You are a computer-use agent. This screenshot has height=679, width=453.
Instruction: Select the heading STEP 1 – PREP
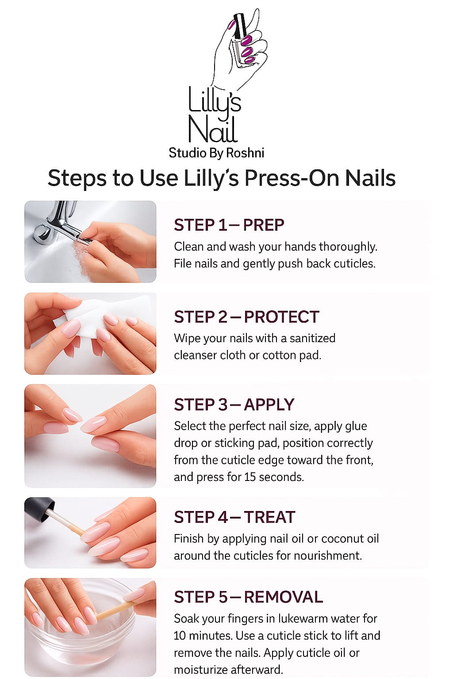[229, 225]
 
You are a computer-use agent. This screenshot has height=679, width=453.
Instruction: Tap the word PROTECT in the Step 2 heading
[281, 317]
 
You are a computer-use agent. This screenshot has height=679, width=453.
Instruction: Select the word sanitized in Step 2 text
[312, 338]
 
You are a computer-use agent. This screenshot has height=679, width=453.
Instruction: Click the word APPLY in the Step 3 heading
[269, 404]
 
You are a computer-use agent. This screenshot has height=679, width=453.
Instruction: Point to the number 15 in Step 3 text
[250, 477]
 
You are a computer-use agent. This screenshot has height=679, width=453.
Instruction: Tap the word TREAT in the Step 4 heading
[269, 517]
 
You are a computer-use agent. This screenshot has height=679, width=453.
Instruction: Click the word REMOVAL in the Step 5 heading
[284, 597]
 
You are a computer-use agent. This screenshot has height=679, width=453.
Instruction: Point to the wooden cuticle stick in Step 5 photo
[115, 610]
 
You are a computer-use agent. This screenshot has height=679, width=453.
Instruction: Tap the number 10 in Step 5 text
[180, 636]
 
